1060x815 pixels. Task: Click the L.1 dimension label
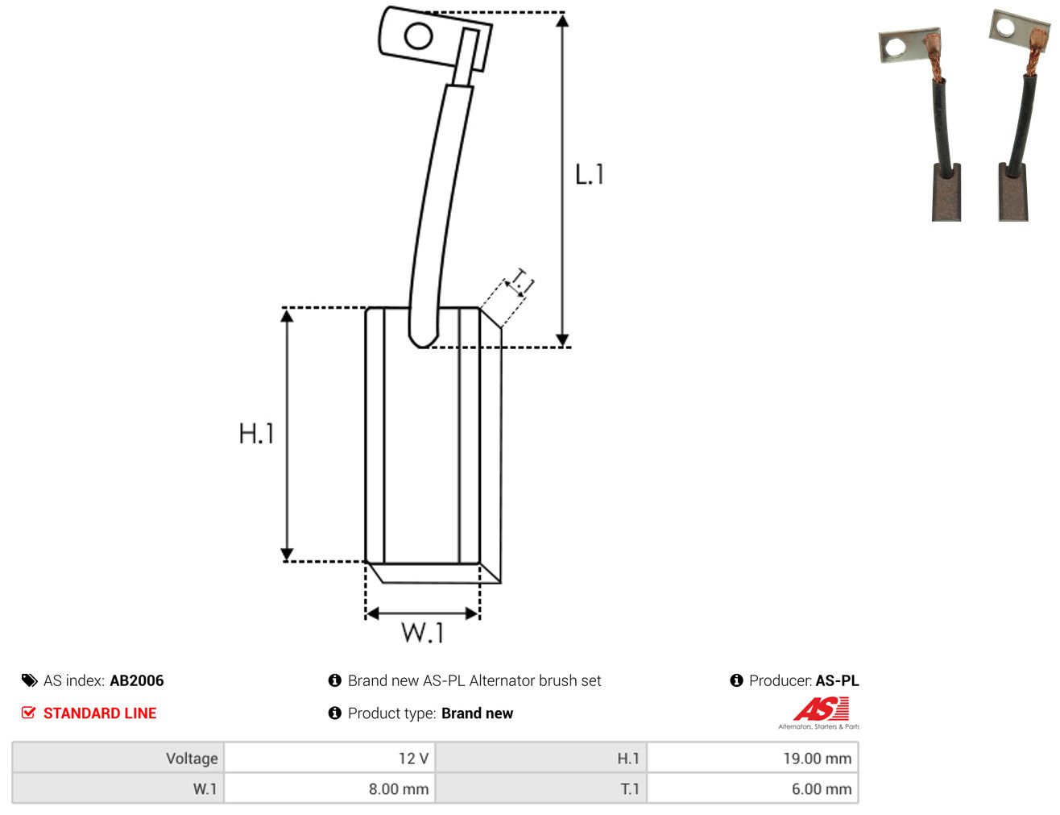click(590, 174)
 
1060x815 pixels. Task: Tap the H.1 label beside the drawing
click(257, 433)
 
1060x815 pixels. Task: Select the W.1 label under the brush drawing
click(422, 633)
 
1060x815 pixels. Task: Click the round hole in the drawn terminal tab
click(418, 35)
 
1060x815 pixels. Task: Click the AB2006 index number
click(137, 680)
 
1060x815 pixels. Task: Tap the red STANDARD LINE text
click(100, 713)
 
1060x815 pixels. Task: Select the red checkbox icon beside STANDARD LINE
click(28, 713)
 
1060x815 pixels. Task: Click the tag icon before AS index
click(29, 680)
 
